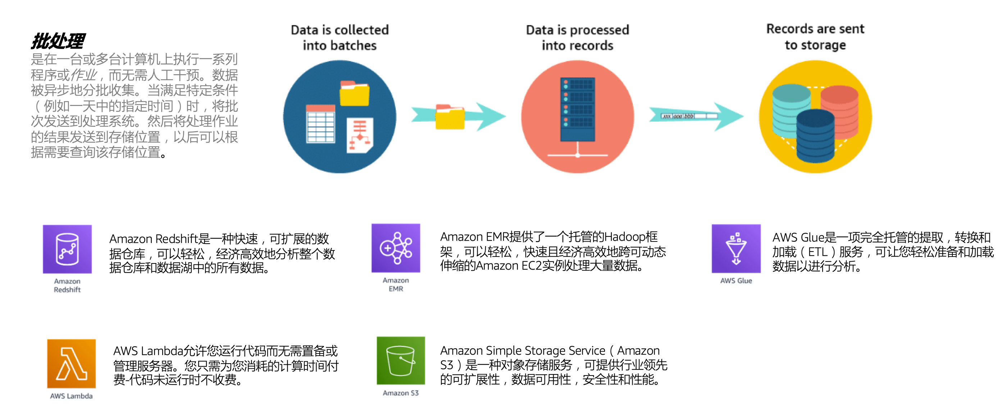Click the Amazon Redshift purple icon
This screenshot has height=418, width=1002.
tap(67, 249)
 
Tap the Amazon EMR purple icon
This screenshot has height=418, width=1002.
tap(396, 248)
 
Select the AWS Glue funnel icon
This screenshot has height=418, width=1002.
tap(736, 249)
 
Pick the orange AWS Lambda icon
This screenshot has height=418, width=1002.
tap(71, 364)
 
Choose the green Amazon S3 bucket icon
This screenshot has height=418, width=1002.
tap(401, 360)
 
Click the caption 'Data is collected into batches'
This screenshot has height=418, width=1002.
tap(340, 37)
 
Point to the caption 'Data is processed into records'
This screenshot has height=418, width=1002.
tap(577, 37)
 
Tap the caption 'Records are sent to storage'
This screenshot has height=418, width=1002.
tap(815, 37)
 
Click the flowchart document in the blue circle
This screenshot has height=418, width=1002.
tap(360, 135)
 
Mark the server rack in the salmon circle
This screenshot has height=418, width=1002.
tap(577, 109)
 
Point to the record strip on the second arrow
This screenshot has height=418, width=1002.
tap(689, 116)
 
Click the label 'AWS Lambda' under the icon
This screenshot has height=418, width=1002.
tap(71, 396)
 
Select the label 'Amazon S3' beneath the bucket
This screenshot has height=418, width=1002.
tap(401, 393)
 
